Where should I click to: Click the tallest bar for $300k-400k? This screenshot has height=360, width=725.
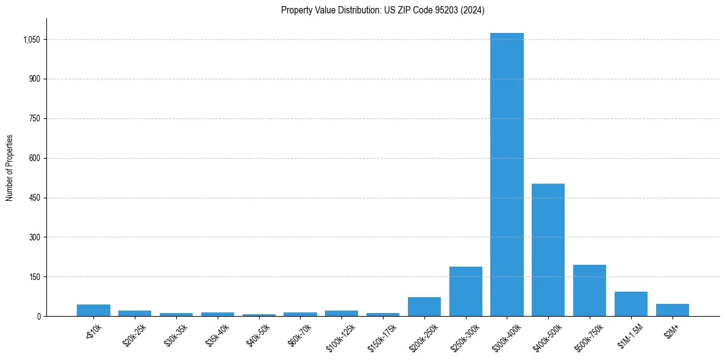point(507,175)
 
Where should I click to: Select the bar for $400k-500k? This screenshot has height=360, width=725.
point(548,250)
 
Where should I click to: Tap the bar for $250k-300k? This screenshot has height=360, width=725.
point(465,291)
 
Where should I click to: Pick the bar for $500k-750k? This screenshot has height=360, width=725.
point(590,290)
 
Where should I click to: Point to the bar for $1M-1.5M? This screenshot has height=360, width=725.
point(631,304)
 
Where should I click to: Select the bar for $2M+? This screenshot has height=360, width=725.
point(673,310)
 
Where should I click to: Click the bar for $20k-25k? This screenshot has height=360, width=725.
point(135,313)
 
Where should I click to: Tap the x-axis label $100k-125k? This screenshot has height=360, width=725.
point(342,334)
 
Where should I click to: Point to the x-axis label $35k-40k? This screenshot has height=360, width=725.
point(218,334)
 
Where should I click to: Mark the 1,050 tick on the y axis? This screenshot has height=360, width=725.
point(32,40)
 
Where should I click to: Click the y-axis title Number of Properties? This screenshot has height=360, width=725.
point(10,168)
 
